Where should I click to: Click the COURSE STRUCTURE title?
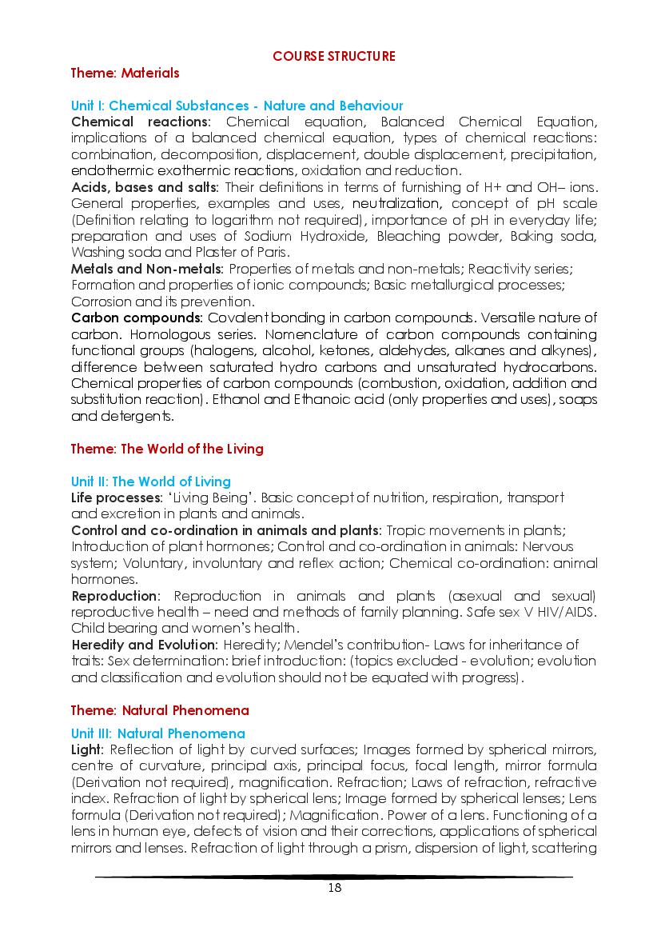coord(334,56)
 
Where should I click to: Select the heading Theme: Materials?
coord(125,73)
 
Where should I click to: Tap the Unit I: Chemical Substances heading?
coord(237,106)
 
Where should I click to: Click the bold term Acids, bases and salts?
coord(144,187)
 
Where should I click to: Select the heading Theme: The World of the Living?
coord(167,449)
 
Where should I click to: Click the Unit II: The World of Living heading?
coord(150,481)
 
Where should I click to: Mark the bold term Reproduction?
coord(115,596)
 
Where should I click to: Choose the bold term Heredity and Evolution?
coord(144,645)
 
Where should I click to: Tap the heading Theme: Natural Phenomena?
coord(160,710)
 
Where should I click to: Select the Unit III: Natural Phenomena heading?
coord(157,733)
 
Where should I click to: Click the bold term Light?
coord(87,749)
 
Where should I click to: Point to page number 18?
coord(334,888)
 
